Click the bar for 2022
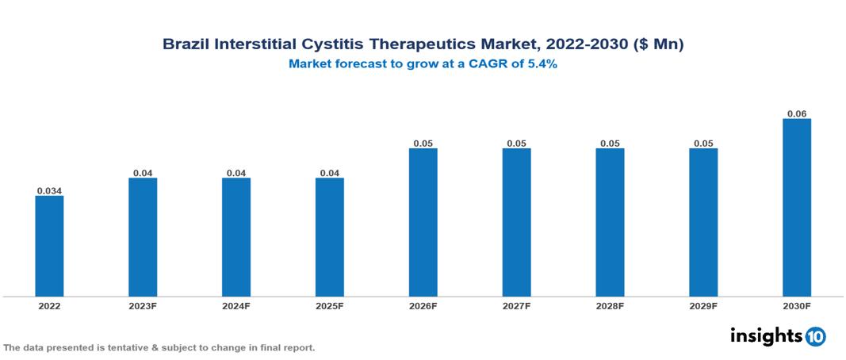pyautogui.click(x=49, y=246)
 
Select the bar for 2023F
pyautogui.click(x=143, y=237)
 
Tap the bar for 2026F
pyautogui.click(x=423, y=222)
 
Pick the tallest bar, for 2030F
pyautogui.click(x=797, y=208)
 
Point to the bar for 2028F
pyautogui.click(x=610, y=222)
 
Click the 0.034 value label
pyautogui.click(x=49, y=190)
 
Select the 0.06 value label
pyautogui.click(x=797, y=113)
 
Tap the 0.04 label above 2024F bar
pyautogui.click(x=236, y=172)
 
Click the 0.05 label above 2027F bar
pyautogui.click(x=516, y=143)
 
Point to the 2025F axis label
pyautogui.click(x=330, y=306)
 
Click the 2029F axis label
pyautogui.click(x=703, y=306)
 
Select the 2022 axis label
pyautogui.click(x=49, y=306)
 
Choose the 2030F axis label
pyautogui.click(x=797, y=306)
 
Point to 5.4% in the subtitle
pyautogui.click(x=540, y=64)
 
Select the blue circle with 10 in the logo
pyautogui.click(x=815, y=336)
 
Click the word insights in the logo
pyautogui.click(x=766, y=335)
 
